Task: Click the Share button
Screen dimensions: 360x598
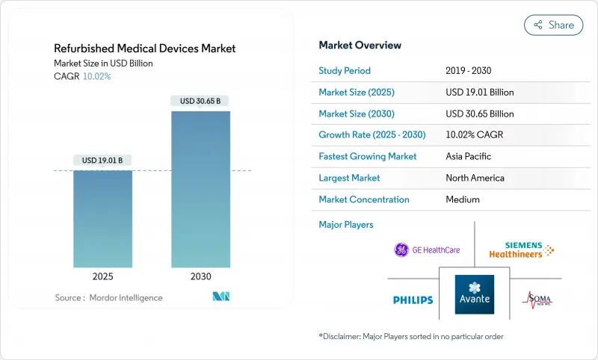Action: click(553, 25)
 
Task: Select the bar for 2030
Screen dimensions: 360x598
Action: click(200, 190)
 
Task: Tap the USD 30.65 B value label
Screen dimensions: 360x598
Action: click(200, 101)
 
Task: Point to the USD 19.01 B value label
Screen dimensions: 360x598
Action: click(102, 160)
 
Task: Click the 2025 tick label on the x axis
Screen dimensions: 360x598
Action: click(102, 276)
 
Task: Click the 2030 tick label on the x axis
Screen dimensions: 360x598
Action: click(200, 276)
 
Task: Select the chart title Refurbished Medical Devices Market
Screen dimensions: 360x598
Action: click(145, 49)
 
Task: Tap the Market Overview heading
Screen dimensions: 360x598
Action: click(360, 45)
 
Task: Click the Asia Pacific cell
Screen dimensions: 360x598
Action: click(468, 157)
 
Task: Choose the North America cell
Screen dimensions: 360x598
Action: click(475, 178)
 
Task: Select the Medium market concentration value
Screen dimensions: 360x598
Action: click(462, 199)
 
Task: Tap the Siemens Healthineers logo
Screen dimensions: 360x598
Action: click(521, 250)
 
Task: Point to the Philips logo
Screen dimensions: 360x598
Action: click(413, 300)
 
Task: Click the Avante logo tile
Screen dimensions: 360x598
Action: click(475, 294)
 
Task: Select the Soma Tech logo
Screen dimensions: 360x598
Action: click(536, 300)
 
